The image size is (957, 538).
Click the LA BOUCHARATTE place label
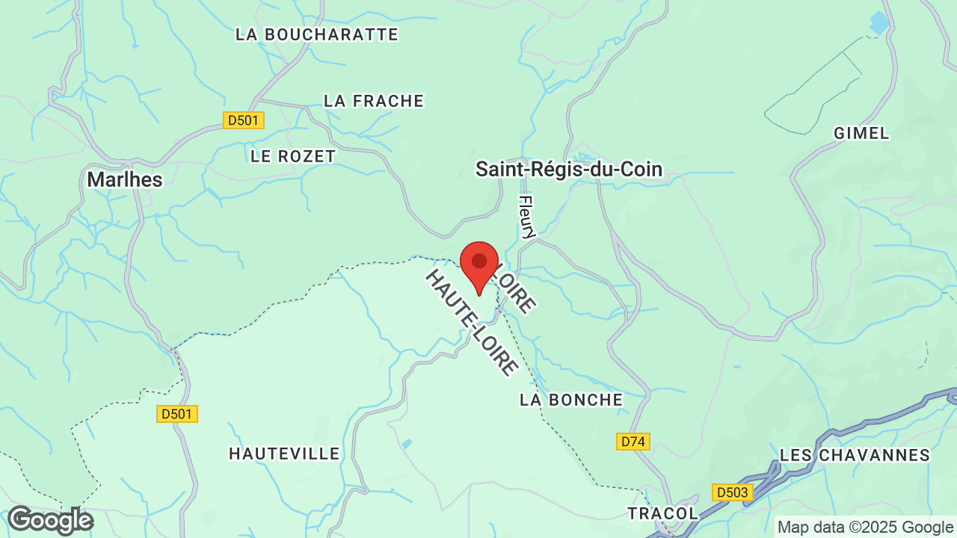pos(316,34)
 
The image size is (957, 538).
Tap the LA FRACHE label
pos(374,101)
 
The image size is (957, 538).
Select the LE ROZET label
pos(293,156)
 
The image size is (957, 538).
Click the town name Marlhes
pos(125,179)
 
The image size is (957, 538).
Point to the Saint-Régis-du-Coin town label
pos(569,170)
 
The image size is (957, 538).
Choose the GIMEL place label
pos(861,133)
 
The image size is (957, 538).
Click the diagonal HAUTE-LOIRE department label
pos(472,322)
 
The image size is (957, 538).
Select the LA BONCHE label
pos(571,400)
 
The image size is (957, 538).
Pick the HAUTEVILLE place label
pos(284,454)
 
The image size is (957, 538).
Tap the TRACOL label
pos(662,513)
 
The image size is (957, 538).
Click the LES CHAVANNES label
pos(855,455)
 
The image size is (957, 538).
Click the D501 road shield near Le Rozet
pos(244,120)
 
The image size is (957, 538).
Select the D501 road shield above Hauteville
pos(177,413)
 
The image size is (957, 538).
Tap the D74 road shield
pos(633,442)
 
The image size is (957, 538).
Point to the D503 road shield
pos(732,492)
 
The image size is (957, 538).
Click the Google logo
pos(50,520)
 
